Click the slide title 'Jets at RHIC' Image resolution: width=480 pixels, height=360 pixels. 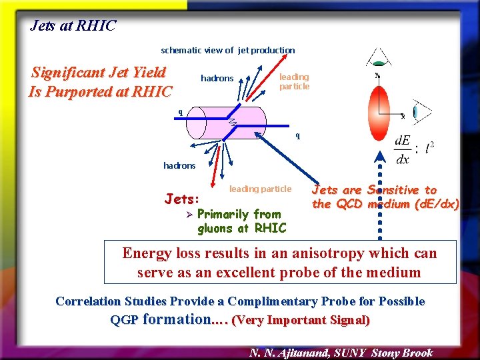coord(73,26)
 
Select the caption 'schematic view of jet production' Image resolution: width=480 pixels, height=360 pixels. coord(227,50)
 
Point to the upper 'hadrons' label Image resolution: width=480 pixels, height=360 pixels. coord(217,79)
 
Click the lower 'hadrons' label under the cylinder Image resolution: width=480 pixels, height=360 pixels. coord(179,165)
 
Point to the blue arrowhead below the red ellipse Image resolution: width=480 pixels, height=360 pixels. coord(379,159)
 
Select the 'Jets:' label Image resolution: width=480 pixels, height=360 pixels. coord(181,199)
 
